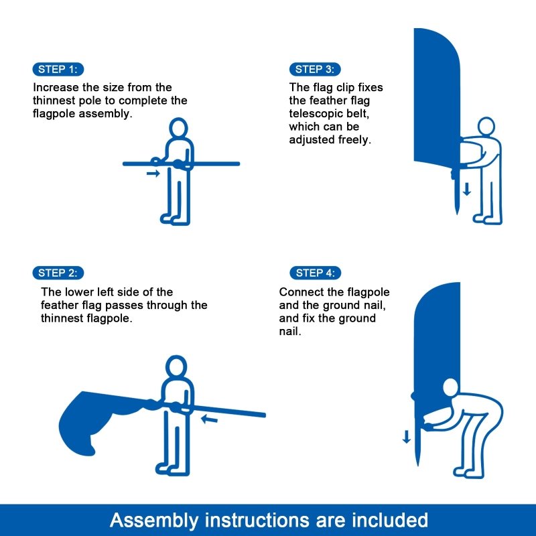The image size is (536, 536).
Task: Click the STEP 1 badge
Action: tap(58, 70)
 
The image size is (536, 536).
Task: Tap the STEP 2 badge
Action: tap(58, 273)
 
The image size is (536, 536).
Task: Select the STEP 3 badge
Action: tap(315, 70)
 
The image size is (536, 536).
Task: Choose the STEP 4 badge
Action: tap(315, 273)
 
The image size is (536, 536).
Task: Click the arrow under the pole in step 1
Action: tap(153, 174)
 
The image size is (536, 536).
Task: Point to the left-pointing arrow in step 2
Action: tap(209, 420)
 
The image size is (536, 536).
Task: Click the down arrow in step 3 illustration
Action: tap(467, 189)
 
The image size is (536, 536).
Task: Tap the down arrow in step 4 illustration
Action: tap(406, 438)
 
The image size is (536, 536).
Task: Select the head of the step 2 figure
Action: tap(176, 366)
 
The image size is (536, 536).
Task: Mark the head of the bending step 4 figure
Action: tap(450, 389)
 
